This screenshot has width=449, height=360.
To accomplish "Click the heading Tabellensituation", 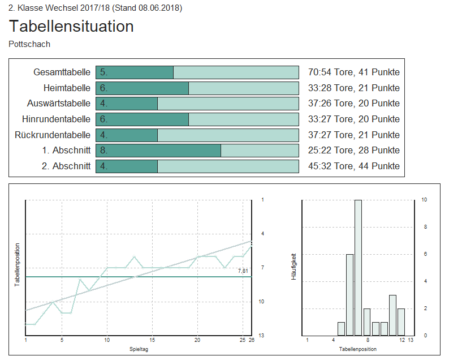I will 71,26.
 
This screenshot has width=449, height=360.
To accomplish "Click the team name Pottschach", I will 29,44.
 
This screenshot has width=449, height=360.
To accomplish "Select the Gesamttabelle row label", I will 62,72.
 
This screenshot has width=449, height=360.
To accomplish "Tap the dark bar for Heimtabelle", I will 142,88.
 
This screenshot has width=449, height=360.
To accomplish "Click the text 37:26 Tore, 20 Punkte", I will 353,104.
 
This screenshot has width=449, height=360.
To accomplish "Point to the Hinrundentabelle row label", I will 56,119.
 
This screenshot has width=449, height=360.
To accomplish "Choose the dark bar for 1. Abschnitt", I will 158,151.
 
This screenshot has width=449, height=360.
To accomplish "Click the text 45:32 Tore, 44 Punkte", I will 353,166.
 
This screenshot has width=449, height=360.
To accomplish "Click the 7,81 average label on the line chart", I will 243,272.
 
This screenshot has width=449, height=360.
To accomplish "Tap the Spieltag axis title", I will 139,350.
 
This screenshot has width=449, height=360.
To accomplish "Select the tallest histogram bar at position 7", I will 358,267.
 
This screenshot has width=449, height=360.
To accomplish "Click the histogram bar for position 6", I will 349,294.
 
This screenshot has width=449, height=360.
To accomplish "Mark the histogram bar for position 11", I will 392,315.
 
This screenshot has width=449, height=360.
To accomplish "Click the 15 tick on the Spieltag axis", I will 152,340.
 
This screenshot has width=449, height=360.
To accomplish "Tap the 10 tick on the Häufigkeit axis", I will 424,200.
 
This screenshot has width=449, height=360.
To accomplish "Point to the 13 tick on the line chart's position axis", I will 261,336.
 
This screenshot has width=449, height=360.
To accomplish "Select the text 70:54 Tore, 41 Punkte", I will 353,72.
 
